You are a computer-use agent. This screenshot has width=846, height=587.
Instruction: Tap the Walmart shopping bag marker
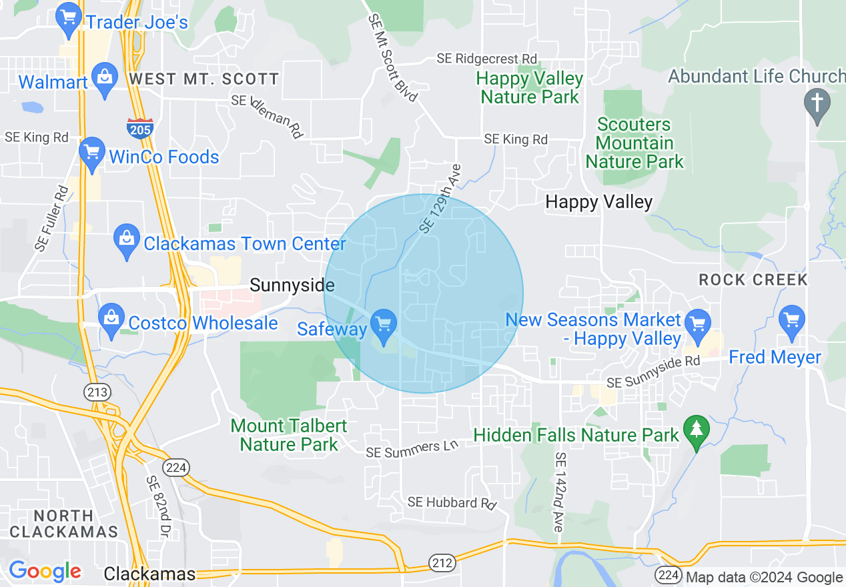pyautogui.click(x=105, y=79)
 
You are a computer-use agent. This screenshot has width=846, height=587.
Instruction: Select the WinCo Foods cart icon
pyautogui.click(x=91, y=153)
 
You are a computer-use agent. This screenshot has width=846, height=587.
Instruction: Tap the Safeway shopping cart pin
pyautogui.click(x=383, y=326)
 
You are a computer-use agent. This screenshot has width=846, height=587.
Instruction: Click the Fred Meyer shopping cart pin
pyautogui.click(x=792, y=320)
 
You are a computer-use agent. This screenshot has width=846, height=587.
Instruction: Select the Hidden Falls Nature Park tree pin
pyautogui.click(x=697, y=432)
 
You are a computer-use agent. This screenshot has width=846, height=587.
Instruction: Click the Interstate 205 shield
pyautogui.click(x=139, y=127)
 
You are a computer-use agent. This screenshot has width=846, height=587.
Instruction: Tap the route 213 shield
pyautogui.click(x=97, y=392)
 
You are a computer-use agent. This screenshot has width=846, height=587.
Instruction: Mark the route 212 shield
pyautogui.click(x=442, y=562)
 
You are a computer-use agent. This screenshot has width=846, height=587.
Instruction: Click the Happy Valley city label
pyautogui.click(x=598, y=201)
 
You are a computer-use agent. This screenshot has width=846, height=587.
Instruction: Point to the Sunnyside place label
pyautogui.click(x=292, y=285)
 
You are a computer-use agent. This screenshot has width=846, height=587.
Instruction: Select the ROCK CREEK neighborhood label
pyautogui.click(x=753, y=279)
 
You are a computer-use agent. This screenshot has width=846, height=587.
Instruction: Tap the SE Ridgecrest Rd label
pyautogui.click(x=487, y=59)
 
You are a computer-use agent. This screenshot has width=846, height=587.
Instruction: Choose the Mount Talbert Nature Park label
pyautogui.click(x=289, y=434)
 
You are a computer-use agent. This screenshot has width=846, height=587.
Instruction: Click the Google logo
pyautogui.click(x=44, y=570)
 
